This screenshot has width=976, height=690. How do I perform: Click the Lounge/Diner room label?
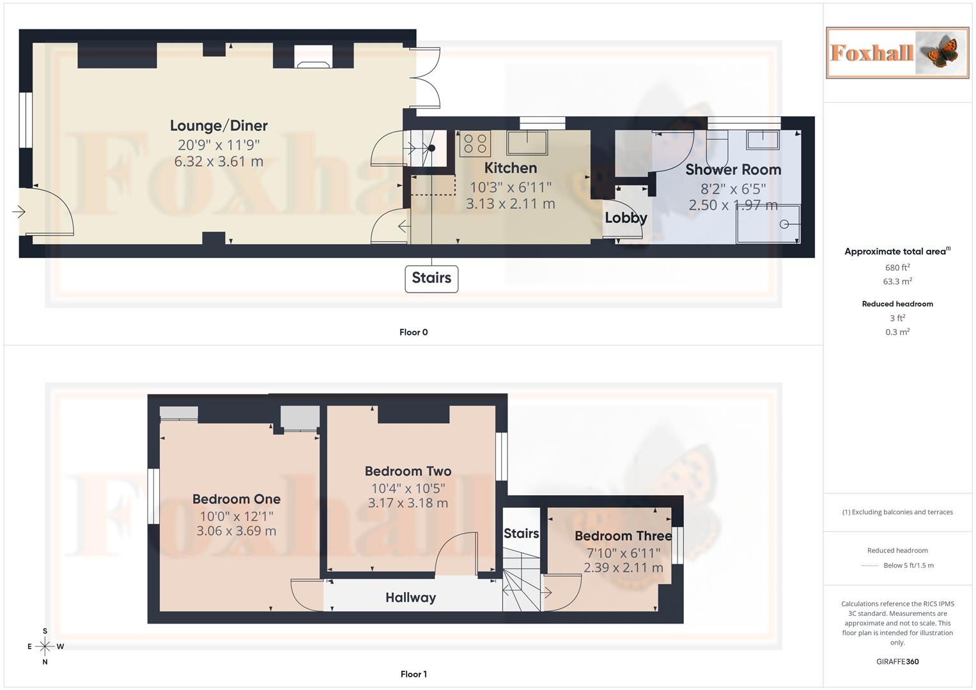[x=219, y=126]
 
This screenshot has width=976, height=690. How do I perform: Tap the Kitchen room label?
[x=510, y=168]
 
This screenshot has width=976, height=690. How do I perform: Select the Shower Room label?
[x=733, y=170]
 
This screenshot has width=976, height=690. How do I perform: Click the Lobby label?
[x=626, y=218]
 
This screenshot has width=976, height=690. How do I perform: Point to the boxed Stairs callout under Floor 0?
[x=431, y=279]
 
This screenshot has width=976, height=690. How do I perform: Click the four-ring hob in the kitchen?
[x=475, y=144]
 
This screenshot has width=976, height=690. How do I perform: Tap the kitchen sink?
[x=527, y=142]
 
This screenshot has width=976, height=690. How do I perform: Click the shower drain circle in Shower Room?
[x=784, y=224]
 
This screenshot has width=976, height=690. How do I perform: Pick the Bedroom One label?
[x=236, y=500]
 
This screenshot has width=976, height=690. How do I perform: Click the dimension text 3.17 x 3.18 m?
[x=408, y=503]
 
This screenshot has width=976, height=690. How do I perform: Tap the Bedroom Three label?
[x=623, y=536]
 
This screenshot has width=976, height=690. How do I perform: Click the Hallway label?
[x=410, y=598]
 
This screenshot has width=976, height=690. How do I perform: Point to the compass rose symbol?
[x=45, y=647]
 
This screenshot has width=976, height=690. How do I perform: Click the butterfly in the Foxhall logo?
[x=940, y=52]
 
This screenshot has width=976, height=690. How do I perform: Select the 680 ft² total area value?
[x=897, y=268]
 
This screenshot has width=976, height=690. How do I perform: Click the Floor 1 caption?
[x=414, y=674]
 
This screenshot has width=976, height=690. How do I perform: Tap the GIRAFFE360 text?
[x=897, y=662]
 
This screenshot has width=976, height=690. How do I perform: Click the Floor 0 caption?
[x=414, y=332]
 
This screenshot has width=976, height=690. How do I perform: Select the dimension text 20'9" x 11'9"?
[x=219, y=145]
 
